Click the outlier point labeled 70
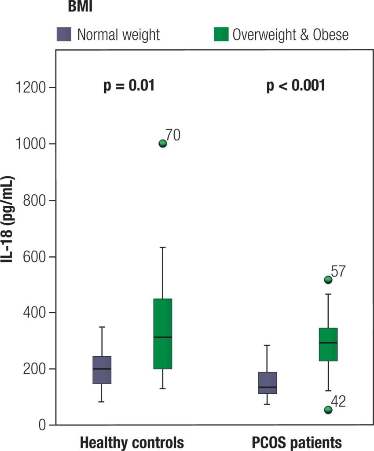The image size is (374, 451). coord(163,143)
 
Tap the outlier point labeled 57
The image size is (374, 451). coord(328,280)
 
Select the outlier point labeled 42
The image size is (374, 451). coord(328,410)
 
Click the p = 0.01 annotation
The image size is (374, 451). coord(129,85)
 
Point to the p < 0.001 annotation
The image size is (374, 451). coord(296,85)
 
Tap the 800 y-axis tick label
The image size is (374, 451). coord(35,200)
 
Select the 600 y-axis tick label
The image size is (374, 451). coord(35,256)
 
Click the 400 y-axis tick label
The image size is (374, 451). coord(35,313)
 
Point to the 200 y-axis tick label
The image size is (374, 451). coord(35,369)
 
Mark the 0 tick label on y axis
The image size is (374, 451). coord(43,425)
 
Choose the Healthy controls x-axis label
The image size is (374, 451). coord(132,442)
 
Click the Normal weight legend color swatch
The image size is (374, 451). coord(64,34)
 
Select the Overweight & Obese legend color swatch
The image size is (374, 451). coord(221,34)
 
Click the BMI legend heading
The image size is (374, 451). coord(80,7)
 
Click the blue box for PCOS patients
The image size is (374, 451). coord(268,383)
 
